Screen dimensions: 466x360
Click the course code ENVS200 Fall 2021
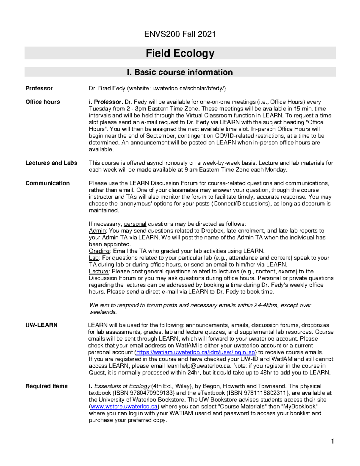(x=180, y=34)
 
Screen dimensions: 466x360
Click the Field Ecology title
(x=180, y=53)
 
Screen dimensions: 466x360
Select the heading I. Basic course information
(x=180, y=72)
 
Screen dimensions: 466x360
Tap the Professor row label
(x=39, y=88)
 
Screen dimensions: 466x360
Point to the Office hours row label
(x=43, y=102)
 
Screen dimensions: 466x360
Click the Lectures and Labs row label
(x=51, y=163)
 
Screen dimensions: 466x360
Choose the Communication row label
(x=47, y=183)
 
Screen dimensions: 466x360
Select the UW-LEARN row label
(x=41, y=325)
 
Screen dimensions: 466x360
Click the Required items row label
(x=46, y=386)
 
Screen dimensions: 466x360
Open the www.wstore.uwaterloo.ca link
(x=124, y=407)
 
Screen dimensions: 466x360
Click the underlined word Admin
(x=97, y=231)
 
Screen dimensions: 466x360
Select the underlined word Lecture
(x=99, y=271)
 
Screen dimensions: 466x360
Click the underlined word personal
(x=135, y=224)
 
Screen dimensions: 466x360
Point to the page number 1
(x=332, y=441)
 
